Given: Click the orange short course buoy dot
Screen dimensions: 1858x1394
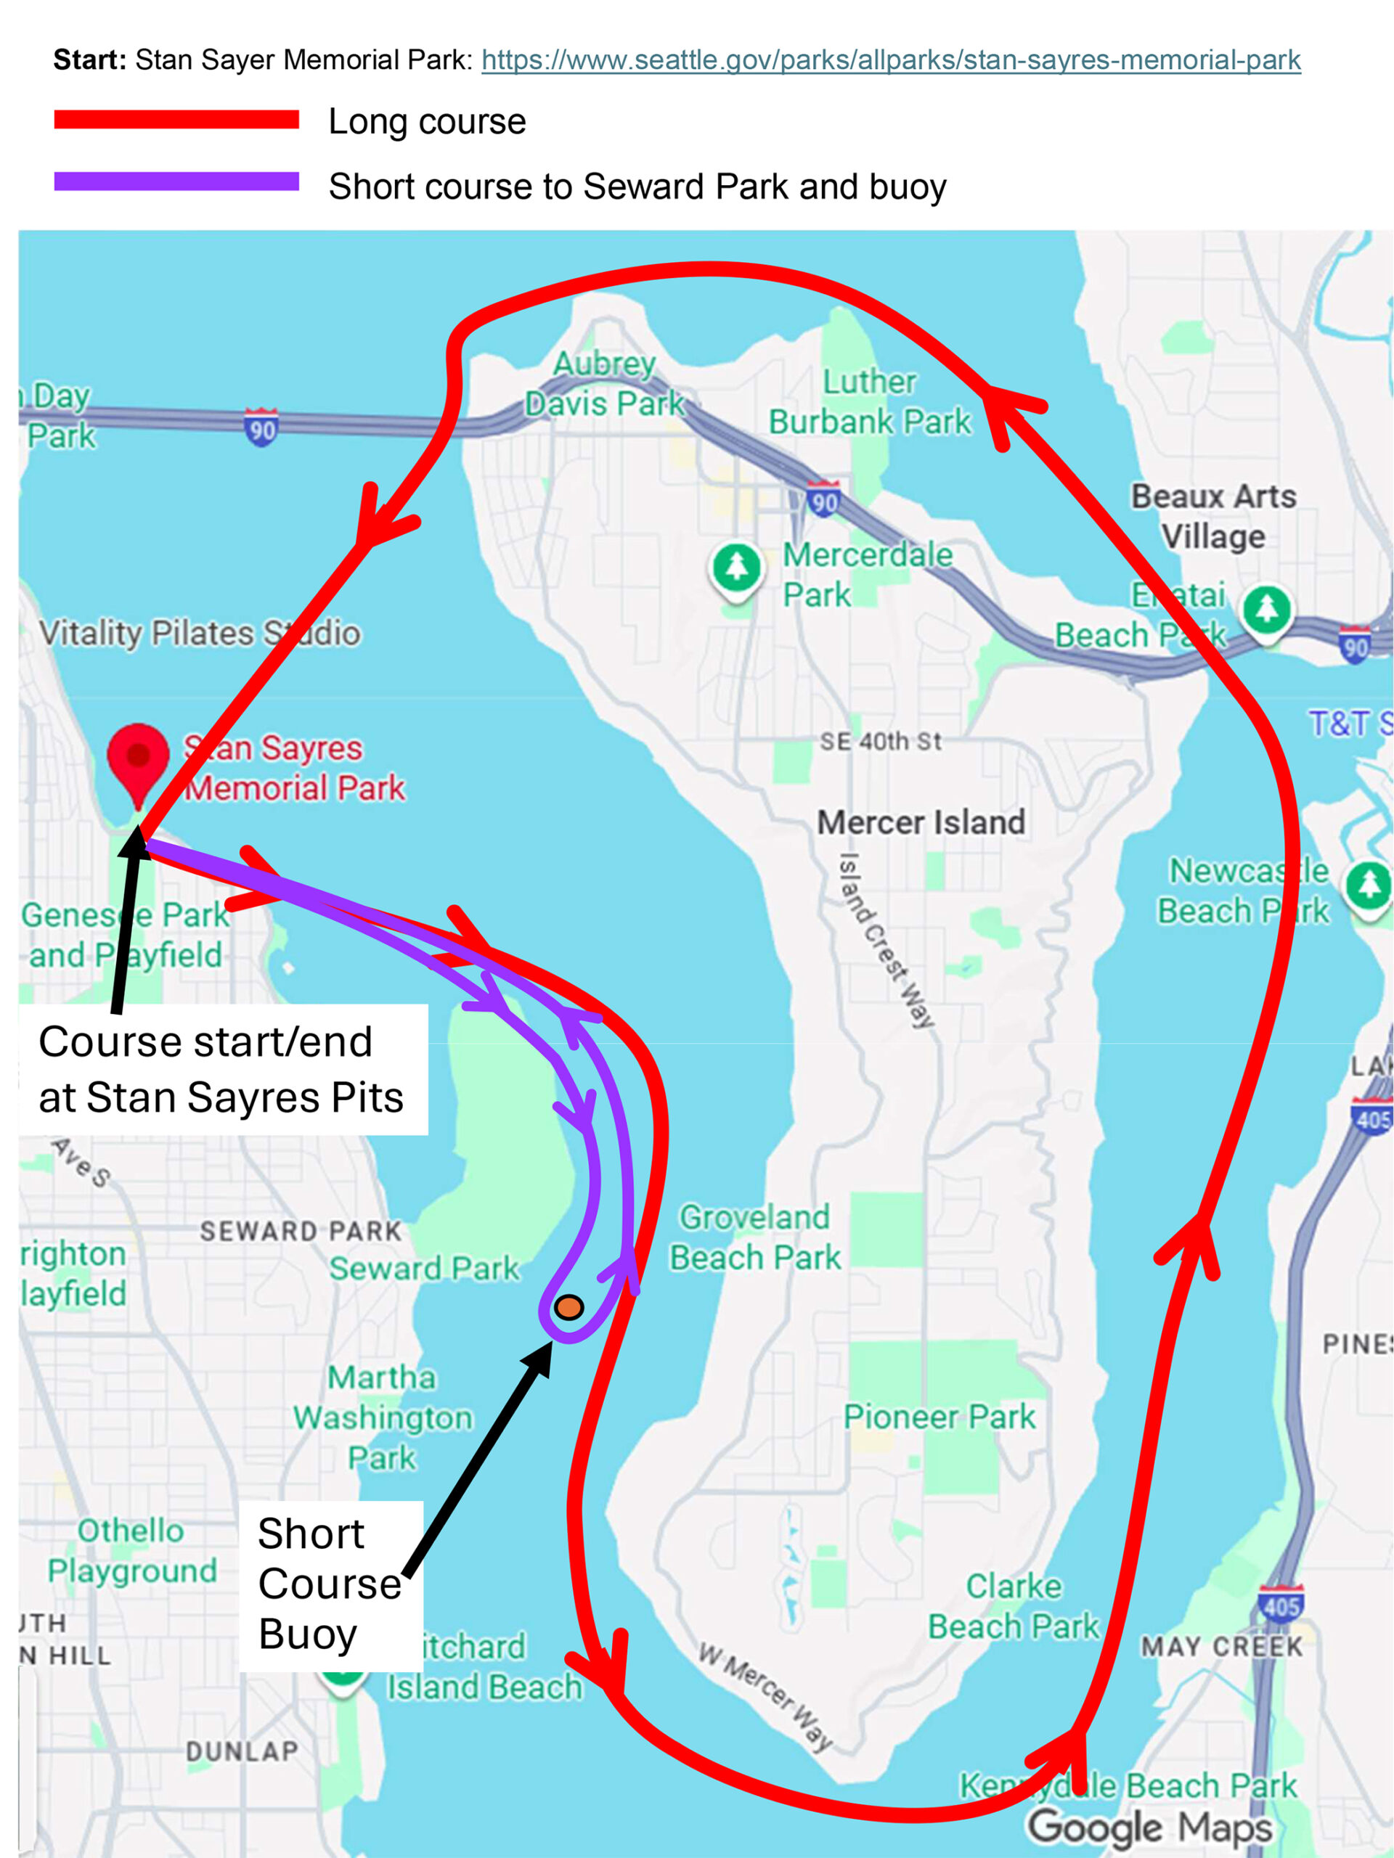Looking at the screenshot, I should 569,1307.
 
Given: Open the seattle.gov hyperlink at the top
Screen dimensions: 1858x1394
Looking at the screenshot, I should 891,60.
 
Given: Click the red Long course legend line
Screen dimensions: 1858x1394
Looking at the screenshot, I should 176,120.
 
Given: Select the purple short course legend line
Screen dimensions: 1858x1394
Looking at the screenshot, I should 176,181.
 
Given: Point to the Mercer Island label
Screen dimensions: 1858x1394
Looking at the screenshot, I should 921,822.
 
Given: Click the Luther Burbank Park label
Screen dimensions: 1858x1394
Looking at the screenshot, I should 870,402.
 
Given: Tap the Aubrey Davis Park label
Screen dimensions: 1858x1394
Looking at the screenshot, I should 605,384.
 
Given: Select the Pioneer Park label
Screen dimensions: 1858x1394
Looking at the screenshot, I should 939,1417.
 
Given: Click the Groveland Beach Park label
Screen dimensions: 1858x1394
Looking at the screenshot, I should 754,1237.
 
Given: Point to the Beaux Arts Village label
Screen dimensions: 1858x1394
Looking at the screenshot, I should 1213,516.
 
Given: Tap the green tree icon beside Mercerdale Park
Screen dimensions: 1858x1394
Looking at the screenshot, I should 737,567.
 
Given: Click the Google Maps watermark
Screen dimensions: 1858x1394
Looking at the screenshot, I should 1149,1826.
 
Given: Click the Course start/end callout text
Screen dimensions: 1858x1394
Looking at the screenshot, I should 221,1069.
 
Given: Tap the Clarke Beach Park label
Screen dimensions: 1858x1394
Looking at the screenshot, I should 1014,1606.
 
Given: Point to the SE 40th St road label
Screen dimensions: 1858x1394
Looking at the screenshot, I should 880,742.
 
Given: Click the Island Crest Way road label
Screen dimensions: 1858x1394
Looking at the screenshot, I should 886,940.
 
